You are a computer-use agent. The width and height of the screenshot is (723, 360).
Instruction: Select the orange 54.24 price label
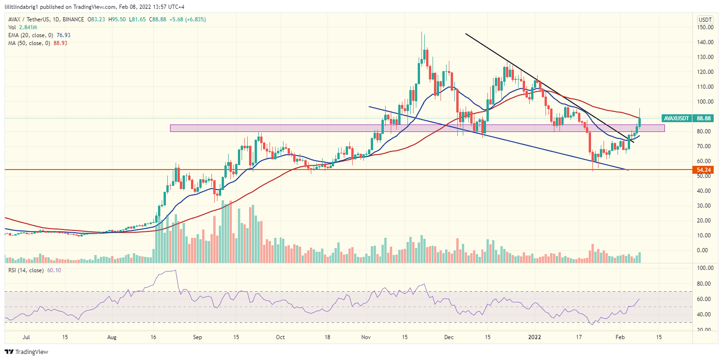705,170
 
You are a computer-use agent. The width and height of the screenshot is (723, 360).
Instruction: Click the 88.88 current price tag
705,118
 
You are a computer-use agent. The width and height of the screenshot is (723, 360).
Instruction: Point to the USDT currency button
705,20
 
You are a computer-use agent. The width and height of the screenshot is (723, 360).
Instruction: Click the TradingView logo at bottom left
26,352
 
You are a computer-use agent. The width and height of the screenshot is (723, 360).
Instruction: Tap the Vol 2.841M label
20,27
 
